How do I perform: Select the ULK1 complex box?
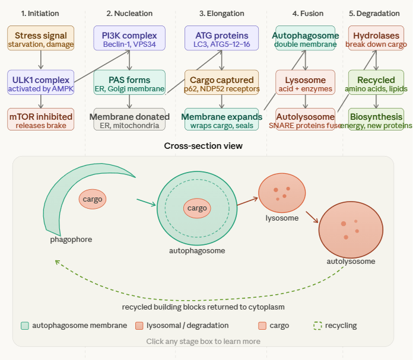(41, 82)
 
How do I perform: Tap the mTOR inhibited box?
(41, 119)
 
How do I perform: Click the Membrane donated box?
(129, 119)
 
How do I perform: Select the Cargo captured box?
(221, 82)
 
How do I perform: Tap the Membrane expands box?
(221, 119)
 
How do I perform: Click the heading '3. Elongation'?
(221, 13)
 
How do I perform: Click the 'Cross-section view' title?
(203, 146)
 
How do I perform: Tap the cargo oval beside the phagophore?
(93, 199)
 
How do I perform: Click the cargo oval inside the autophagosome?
(197, 208)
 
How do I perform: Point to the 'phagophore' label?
(71, 240)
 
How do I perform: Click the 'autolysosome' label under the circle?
(351, 261)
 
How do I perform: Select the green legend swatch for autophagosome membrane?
(25, 326)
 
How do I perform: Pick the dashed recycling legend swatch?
(317, 326)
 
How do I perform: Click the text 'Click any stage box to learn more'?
(203, 342)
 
